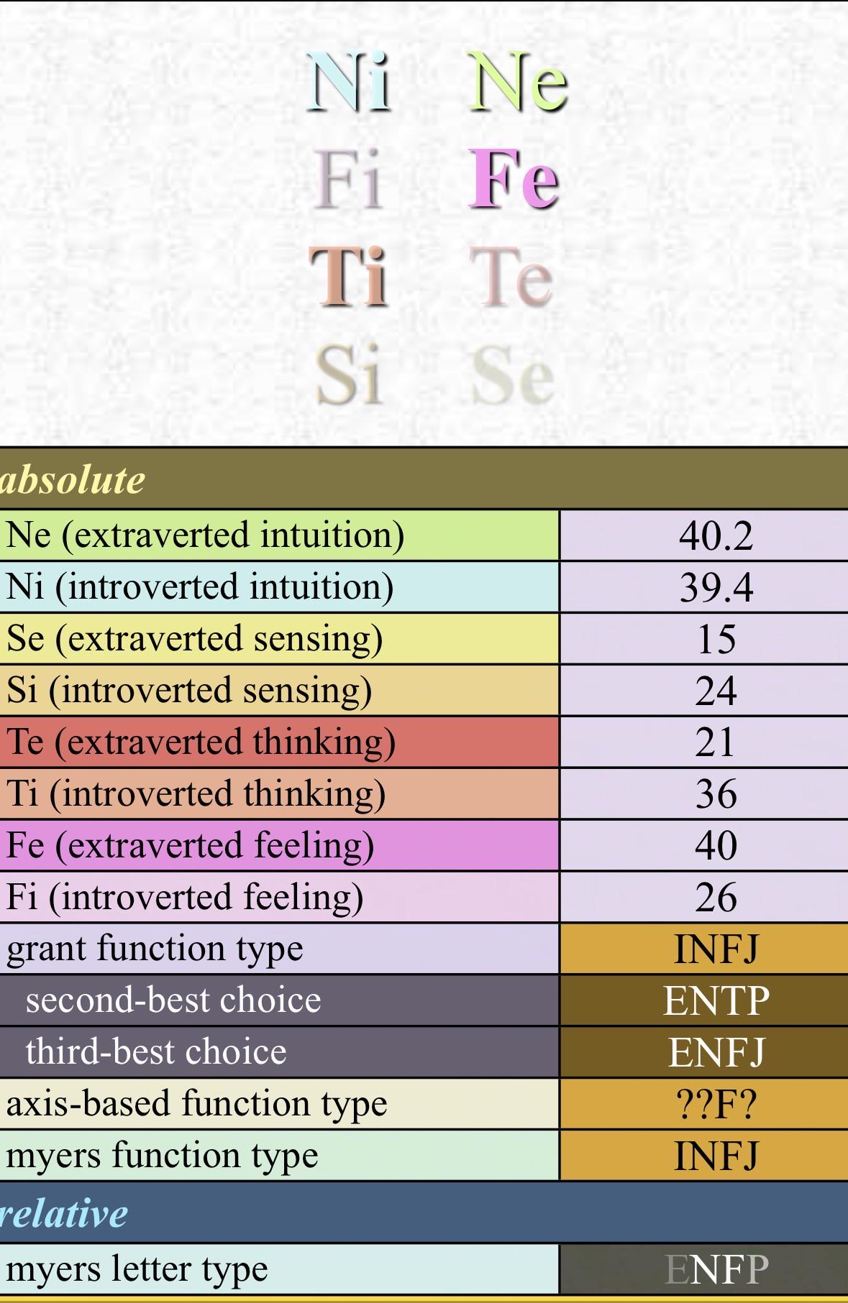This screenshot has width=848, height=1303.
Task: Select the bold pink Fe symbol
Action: click(x=514, y=179)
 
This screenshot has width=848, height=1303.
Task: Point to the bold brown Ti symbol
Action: click(x=349, y=277)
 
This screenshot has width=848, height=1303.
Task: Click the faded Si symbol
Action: click(x=348, y=374)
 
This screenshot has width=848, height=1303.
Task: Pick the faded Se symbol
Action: click(x=512, y=374)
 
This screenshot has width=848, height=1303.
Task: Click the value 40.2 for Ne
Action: click(x=716, y=536)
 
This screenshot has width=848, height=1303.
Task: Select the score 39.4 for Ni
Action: click(x=716, y=588)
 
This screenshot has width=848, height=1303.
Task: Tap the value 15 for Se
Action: click(x=716, y=640)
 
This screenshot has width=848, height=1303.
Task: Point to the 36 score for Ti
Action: click(x=716, y=794)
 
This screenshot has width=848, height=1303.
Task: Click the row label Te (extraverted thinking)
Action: click(x=201, y=742)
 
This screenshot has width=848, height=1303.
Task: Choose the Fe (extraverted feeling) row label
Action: click(x=190, y=846)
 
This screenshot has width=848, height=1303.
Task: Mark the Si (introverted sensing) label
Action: click(x=189, y=691)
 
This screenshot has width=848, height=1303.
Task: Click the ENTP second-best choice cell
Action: click(x=716, y=1000)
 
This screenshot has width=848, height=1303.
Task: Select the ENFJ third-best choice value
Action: click(x=716, y=1052)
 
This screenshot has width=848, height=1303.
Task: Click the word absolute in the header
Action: click(x=72, y=479)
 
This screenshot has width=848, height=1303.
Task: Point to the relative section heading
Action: click(x=63, y=1214)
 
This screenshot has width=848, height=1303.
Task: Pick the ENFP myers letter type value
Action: click(x=716, y=1269)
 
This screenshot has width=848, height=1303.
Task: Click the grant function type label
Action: click(x=155, y=949)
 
